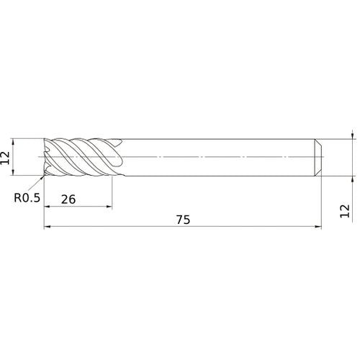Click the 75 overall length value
(x=183, y=220)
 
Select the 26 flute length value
(x=69, y=200)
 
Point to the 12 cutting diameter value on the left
(x=6, y=157)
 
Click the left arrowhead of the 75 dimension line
(x=48, y=227)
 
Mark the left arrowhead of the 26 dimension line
(x=48, y=207)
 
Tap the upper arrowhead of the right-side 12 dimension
(x=351, y=135)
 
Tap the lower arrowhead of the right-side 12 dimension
(x=351, y=179)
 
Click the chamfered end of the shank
(x=318, y=157)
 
